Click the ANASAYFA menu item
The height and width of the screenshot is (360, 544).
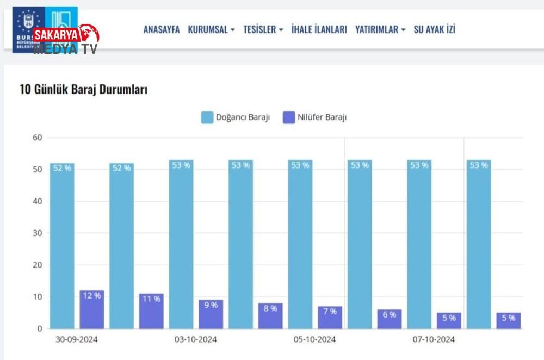(161, 29)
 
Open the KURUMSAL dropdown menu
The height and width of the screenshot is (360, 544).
(211, 29)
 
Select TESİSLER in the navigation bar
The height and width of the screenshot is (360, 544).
(263, 29)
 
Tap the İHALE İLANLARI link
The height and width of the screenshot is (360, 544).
(319, 29)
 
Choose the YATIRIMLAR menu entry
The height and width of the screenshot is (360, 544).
(380, 29)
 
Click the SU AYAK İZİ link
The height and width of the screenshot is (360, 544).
(434, 29)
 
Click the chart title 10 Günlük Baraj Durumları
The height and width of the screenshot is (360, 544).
(83, 90)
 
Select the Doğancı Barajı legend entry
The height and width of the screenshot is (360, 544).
(235, 117)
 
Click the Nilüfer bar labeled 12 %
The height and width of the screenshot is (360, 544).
(91, 310)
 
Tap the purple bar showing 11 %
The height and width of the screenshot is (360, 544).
(151, 312)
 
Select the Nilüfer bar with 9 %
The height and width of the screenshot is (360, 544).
(211, 315)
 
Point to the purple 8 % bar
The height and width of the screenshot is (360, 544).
(270, 316)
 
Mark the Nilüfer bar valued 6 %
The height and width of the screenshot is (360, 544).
(390, 319)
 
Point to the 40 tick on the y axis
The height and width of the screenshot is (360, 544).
(37, 201)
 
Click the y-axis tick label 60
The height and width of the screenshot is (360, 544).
(37, 138)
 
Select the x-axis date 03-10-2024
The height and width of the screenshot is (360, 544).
(196, 340)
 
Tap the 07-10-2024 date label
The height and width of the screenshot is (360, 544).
(434, 340)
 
